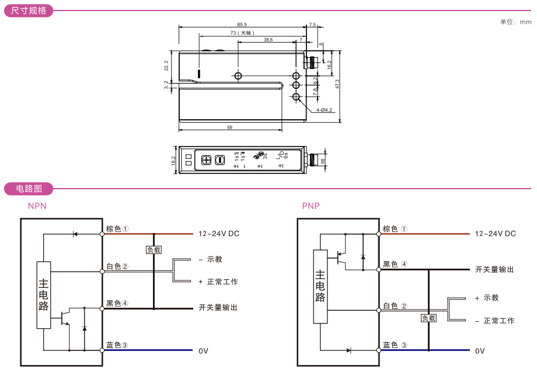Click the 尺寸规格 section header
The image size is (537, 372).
29,11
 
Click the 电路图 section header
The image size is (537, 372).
29,189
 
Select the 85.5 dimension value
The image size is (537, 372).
242,25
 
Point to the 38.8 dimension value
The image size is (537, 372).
268,40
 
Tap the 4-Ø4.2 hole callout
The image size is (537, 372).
324,110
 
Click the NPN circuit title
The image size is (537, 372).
37,206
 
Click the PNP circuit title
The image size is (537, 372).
311,206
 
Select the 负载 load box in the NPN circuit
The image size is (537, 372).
153,249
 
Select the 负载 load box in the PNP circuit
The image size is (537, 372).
428,318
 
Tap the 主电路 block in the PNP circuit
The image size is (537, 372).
320,286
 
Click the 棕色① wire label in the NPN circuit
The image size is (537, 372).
117,229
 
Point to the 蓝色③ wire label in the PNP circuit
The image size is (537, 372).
395,345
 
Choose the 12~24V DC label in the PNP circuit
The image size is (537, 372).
496,234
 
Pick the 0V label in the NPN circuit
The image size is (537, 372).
203,351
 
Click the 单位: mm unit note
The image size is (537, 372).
515,22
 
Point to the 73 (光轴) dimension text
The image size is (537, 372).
242,33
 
